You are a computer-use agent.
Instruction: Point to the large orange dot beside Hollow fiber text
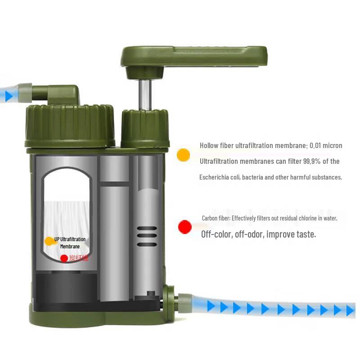183,154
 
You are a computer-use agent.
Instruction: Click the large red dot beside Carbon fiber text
184,227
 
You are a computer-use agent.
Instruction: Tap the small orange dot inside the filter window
49,241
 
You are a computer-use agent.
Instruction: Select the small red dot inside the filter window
64,258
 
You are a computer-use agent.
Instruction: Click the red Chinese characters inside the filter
79,258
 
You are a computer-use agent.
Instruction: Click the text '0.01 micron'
326,146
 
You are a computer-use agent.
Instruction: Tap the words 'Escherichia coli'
220,177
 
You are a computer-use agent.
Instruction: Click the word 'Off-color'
216,234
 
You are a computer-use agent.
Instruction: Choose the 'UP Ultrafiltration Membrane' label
70,243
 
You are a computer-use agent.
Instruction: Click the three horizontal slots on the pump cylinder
147,236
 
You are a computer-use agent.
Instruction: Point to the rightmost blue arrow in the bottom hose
351,310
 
